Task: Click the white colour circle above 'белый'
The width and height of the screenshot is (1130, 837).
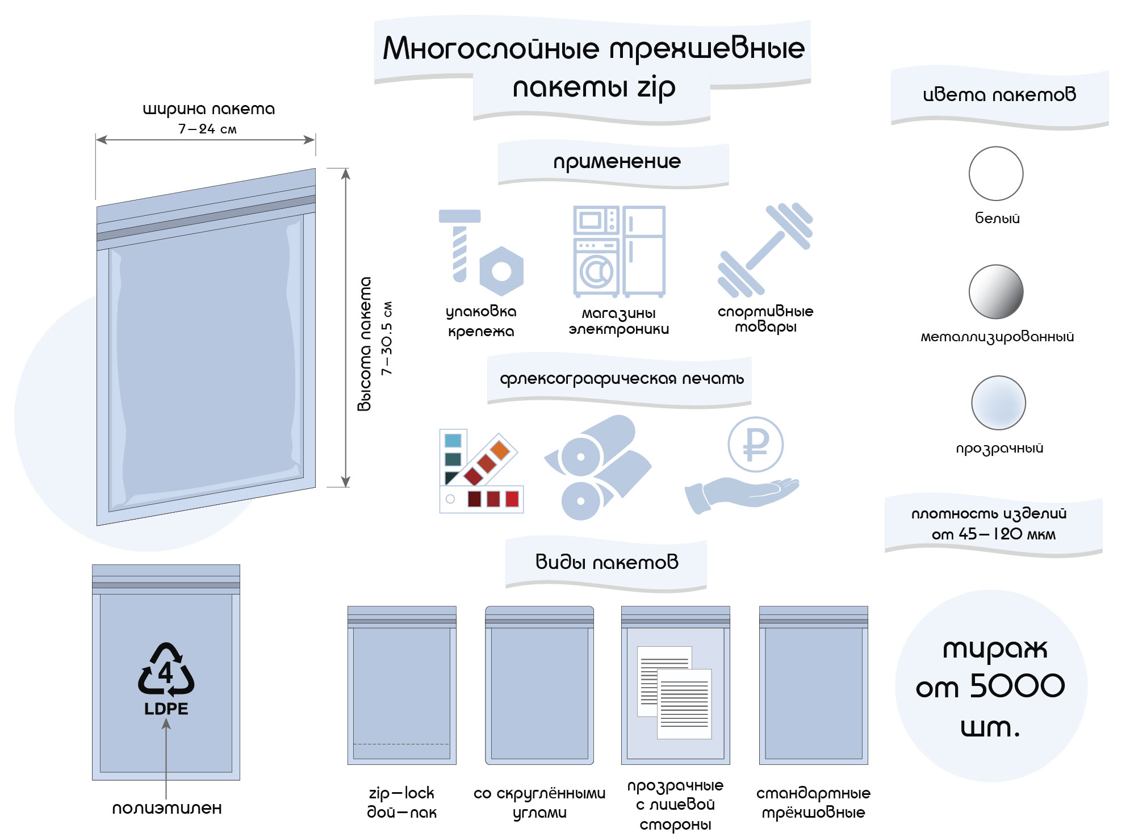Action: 995,173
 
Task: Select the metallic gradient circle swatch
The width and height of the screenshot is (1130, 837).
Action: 995,291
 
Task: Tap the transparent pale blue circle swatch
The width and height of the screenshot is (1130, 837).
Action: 998,403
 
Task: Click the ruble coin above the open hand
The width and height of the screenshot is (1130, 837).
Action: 755,445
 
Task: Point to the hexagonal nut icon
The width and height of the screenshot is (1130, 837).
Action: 501,271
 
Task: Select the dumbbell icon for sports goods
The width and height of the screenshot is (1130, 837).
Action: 765,249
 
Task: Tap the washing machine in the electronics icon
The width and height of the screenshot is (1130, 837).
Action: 596,269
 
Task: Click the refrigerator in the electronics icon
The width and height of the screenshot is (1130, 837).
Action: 644,250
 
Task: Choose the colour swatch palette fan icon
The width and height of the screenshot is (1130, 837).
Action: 480,471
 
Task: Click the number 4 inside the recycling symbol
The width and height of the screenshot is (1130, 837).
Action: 165,673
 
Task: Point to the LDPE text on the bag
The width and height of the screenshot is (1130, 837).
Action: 166,709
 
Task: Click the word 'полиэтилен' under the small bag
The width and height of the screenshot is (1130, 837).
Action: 166,808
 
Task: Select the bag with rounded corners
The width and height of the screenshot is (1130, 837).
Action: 539,685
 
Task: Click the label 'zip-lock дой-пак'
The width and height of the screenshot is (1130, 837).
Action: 401,802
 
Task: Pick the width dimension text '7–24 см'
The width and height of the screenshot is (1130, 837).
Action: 207,129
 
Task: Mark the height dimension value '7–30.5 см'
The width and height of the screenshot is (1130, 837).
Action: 387,338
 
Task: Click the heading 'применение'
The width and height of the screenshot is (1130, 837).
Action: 617,162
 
